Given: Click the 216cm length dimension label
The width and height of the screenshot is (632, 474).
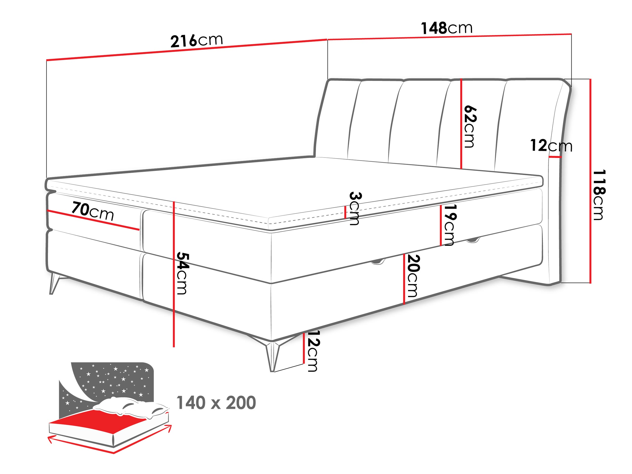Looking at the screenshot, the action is coord(197,40).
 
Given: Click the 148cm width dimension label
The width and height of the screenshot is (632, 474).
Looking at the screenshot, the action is coord(447,28).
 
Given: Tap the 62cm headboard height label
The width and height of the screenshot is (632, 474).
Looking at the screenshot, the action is coord(470,126).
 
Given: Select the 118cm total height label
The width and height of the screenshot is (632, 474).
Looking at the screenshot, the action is coord(599,195).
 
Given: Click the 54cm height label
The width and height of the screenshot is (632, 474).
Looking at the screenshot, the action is coord(182,273).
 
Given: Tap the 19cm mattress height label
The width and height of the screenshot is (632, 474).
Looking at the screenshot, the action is coord(450,225).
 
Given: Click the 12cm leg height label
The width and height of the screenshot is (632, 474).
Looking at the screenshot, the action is coord(313,351).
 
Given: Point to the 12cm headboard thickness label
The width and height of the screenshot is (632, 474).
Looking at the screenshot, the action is coord(551,146).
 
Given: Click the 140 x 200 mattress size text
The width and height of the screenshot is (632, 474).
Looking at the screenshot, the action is coord(216,403).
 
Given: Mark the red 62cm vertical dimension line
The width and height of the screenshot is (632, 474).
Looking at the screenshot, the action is coord(461,124).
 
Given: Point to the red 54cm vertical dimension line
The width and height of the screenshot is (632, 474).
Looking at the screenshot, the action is coord(174,274).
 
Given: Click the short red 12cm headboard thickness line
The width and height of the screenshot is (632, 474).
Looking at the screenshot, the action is coord(555,157).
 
